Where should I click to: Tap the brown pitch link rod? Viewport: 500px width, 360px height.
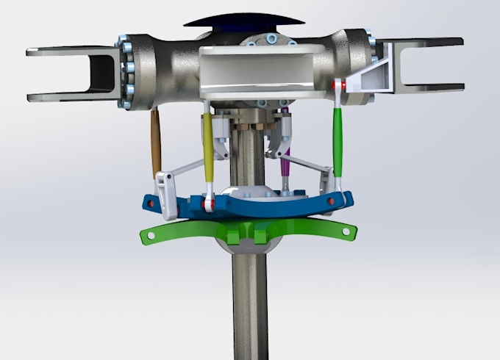[x=155, y=143]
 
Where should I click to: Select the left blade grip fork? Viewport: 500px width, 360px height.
[x=74, y=73]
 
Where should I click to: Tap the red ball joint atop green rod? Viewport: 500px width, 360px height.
[x=337, y=86]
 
